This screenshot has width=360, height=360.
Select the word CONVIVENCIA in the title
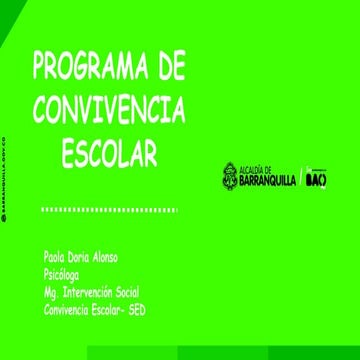coord(109,109)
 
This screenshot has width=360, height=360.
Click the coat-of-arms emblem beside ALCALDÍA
coord(230,176)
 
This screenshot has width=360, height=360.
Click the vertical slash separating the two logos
coord(301,177)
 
